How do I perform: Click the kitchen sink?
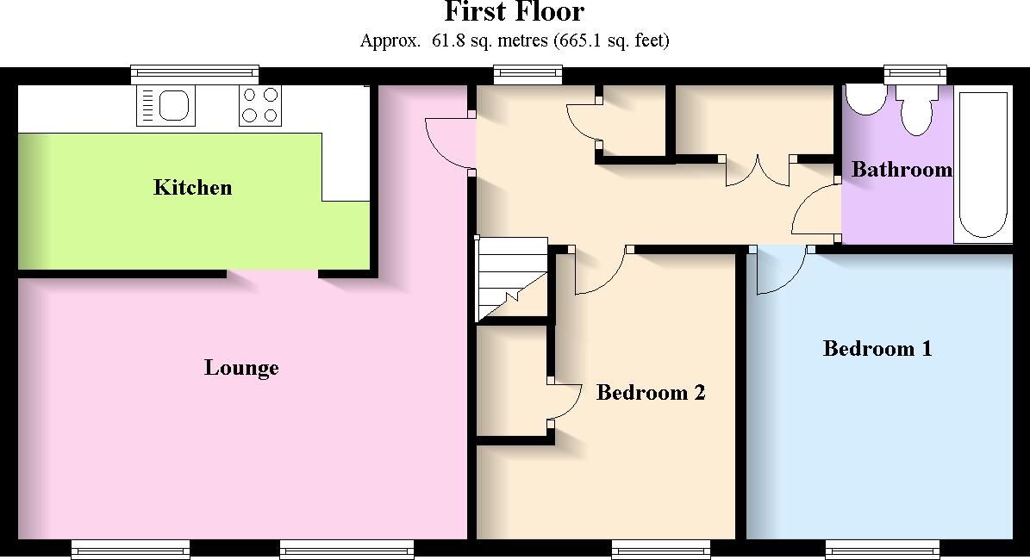point(165,106)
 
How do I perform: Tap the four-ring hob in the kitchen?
point(260,106)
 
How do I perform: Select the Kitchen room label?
point(192,188)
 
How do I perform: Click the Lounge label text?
point(241,368)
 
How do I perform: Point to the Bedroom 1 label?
point(877,349)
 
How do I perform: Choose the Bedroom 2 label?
point(651,393)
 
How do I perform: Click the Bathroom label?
point(902,170)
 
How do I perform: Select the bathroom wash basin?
point(865,99)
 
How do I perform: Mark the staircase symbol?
point(511,278)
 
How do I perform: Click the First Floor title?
point(514,13)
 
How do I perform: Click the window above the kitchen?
point(195,75)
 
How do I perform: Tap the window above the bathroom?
point(915,75)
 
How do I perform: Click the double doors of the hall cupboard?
point(758,171)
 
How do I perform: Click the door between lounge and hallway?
point(450,145)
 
